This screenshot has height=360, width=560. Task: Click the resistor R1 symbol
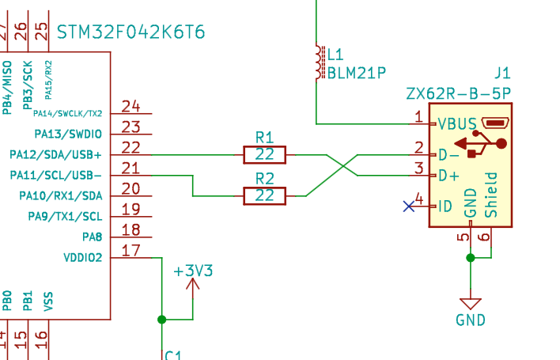pyautogui.click(x=265, y=154)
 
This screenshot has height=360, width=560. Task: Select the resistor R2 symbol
pyautogui.click(x=265, y=195)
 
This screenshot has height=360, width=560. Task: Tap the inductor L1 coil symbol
pyautogui.click(x=320, y=63)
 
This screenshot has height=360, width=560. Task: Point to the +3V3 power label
pyautogui.click(x=193, y=271)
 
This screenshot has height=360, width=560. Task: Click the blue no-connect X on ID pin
pyautogui.click(x=409, y=207)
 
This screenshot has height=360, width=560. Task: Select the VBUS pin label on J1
pyautogui.click(x=456, y=123)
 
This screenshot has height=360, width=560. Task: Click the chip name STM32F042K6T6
pyautogui.click(x=131, y=32)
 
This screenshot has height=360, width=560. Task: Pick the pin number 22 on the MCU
pyautogui.click(x=131, y=147)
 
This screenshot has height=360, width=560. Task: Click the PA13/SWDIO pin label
pyautogui.click(x=69, y=133)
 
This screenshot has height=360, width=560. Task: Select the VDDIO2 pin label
pyautogui.click(x=82, y=257)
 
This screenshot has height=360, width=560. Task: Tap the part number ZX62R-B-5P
pyautogui.click(x=458, y=93)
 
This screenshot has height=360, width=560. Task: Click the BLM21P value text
pyautogui.click(x=357, y=73)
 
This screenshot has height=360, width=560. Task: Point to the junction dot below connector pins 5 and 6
pyautogui.click(x=471, y=257)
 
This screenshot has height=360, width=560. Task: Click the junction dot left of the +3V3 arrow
pyautogui.click(x=162, y=320)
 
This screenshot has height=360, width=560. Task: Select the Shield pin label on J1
pyautogui.click(x=491, y=194)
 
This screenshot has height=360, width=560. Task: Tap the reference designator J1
pyautogui.click(x=502, y=73)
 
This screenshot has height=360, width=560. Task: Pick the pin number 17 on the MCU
pyautogui.click(x=131, y=251)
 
